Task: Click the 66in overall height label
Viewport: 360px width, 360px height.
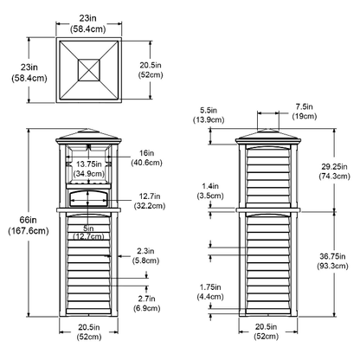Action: [x=29, y=225]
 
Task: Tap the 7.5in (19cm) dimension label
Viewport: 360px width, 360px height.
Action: [x=305, y=112]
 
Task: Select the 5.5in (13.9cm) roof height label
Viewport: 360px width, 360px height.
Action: [x=209, y=115]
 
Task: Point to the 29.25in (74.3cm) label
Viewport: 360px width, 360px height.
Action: [x=334, y=171]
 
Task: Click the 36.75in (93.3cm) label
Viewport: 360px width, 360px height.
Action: [x=334, y=260]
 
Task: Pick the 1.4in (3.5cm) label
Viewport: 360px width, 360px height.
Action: [x=210, y=191]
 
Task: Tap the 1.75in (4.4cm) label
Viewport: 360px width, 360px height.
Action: [x=210, y=292]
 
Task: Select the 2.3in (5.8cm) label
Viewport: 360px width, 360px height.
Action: [x=145, y=255]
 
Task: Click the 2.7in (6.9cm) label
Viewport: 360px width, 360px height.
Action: [x=146, y=303]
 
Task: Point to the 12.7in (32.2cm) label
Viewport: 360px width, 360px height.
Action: [x=150, y=201]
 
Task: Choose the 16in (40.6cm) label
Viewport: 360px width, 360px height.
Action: [x=146, y=157]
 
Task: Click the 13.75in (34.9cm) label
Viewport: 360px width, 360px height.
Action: [x=89, y=169]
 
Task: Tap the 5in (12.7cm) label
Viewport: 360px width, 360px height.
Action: [x=88, y=232]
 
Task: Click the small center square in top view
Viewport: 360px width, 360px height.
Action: [x=89, y=70]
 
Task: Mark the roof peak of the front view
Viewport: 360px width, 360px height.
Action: [x=89, y=129]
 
